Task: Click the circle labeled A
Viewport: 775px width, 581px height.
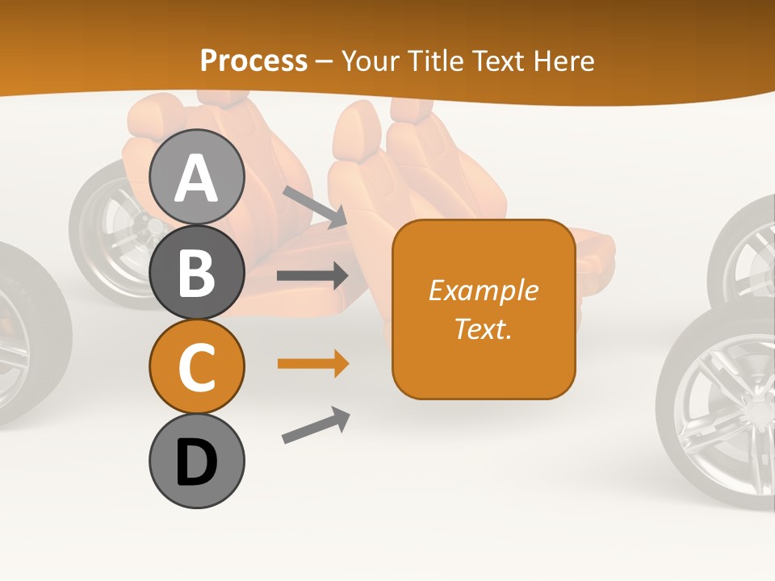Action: (x=197, y=177)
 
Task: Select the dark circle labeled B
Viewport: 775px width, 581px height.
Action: (x=197, y=272)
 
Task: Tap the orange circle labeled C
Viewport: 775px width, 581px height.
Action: (x=197, y=366)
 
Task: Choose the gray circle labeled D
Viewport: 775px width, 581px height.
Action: (x=197, y=461)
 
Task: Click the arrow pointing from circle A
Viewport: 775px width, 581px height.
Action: (x=314, y=207)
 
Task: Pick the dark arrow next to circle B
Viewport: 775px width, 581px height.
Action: (x=312, y=275)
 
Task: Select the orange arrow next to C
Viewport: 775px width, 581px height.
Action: (x=312, y=364)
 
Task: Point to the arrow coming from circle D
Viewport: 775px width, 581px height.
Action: (x=316, y=425)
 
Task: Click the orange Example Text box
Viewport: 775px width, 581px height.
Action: (x=484, y=309)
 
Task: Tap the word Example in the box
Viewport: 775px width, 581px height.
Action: (x=484, y=290)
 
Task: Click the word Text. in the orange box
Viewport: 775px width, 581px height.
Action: (x=484, y=328)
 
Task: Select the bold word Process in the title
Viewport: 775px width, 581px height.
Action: (x=253, y=61)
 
